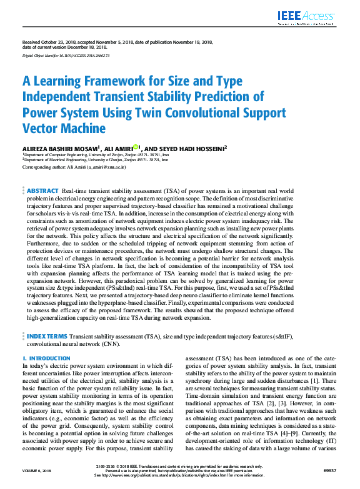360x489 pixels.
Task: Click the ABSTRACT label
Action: coord(42,190)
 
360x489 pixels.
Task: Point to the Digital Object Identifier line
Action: coord(66,56)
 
